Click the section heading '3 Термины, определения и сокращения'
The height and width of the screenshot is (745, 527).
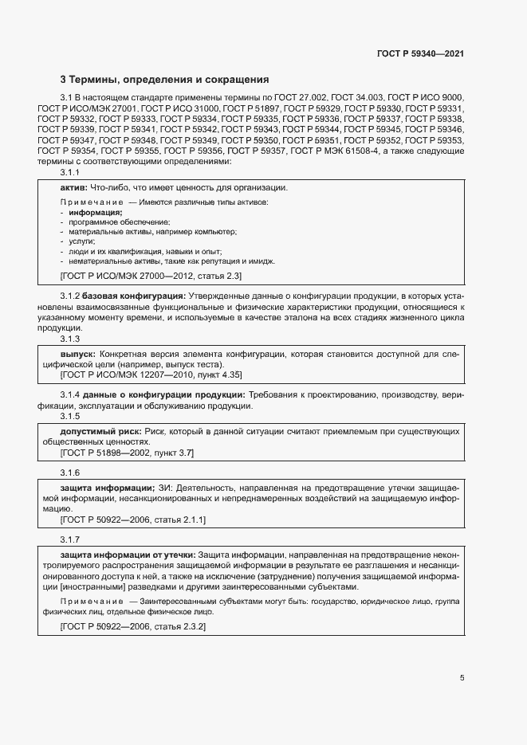[165, 80]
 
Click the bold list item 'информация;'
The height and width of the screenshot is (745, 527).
[95, 213]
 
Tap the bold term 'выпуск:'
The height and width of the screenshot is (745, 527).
[78, 352]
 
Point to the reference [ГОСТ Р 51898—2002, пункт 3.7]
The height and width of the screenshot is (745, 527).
[127, 452]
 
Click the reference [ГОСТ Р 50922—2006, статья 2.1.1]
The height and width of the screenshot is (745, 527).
[133, 519]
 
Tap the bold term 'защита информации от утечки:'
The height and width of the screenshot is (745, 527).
[128, 554]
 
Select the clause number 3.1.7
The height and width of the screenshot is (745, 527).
[70, 539]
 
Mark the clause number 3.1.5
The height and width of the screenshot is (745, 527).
[70, 416]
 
